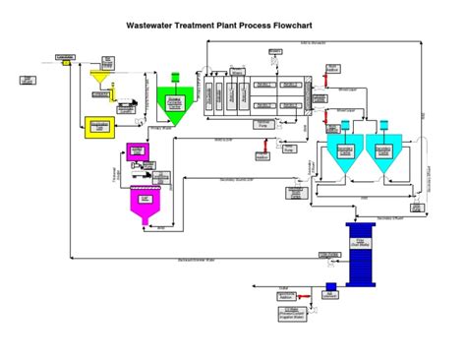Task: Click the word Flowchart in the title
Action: [x=319, y=28]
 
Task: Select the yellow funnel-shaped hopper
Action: [x=99, y=75]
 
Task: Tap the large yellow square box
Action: [x=99, y=127]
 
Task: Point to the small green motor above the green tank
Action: [x=175, y=77]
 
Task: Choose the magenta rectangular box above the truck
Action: [x=138, y=150]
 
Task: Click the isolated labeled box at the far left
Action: [x=28, y=80]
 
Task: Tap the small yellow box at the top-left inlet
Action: [x=68, y=59]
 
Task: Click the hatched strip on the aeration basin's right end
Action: [x=309, y=94]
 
